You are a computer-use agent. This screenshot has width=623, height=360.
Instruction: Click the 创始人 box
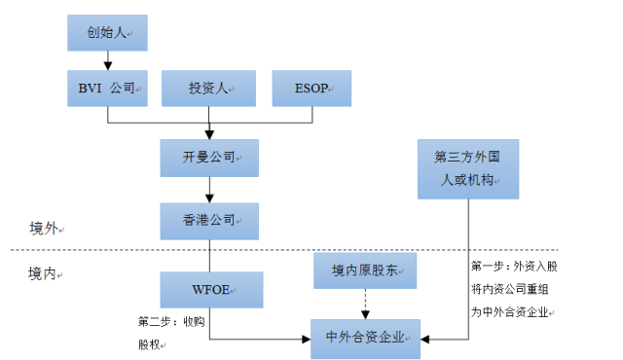click(x=107, y=33)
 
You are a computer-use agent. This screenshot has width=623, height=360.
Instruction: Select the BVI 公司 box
click(x=107, y=88)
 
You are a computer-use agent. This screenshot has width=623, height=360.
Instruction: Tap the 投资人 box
click(x=208, y=88)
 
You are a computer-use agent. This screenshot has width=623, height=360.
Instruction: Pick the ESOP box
click(x=312, y=88)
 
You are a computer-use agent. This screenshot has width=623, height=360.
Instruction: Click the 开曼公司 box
click(x=209, y=157)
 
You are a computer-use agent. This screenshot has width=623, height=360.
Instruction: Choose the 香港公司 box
click(x=209, y=221)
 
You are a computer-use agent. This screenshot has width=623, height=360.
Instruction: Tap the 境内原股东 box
click(x=365, y=270)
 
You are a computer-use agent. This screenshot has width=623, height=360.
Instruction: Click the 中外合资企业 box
click(x=365, y=338)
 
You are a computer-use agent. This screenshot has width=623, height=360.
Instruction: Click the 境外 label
click(x=44, y=229)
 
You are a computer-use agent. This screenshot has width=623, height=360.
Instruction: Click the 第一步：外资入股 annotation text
click(x=514, y=266)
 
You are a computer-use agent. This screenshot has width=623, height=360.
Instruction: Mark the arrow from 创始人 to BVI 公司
click(x=107, y=60)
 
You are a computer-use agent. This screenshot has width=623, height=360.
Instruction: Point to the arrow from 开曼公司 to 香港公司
click(x=209, y=189)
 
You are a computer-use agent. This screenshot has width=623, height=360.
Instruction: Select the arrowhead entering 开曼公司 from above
click(x=209, y=133)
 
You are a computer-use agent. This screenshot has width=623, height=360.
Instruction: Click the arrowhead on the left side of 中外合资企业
click(x=305, y=339)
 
